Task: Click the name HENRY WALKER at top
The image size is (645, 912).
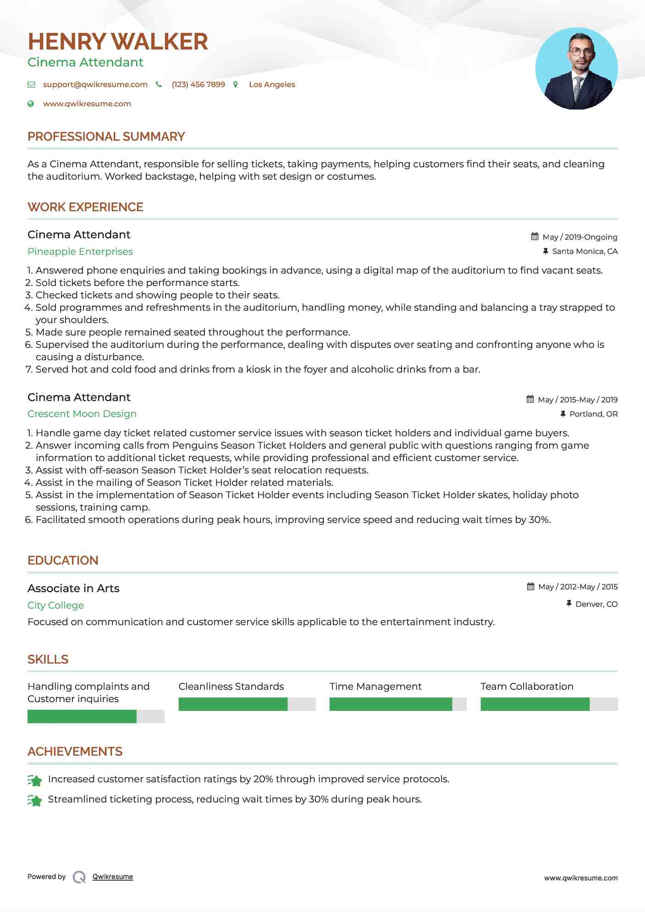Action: [118, 42]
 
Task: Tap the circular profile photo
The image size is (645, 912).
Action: [576, 69]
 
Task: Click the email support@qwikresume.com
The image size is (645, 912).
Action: [95, 84]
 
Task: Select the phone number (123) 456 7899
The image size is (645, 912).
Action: [198, 84]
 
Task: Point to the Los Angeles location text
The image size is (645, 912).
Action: [272, 84]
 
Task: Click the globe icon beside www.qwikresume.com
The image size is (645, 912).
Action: [31, 104]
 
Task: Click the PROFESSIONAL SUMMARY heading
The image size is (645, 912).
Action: [106, 137]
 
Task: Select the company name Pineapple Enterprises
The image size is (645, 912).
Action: [80, 252]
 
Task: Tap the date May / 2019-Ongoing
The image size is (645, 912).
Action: [579, 237]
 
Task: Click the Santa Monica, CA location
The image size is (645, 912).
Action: [584, 251]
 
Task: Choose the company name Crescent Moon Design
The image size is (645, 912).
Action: [82, 414]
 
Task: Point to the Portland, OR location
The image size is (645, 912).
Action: [593, 414]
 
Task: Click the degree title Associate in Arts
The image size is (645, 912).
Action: [73, 588]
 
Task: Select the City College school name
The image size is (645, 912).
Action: [55, 605]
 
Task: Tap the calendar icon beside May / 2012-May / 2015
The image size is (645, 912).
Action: [530, 587]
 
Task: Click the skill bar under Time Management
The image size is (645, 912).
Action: [397, 704]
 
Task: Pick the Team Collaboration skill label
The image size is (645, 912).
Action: [527, 687]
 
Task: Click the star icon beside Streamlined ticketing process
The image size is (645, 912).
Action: [35, 800]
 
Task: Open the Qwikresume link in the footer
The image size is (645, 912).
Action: [112, 877]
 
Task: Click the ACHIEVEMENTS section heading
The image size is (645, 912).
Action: [75, 752]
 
